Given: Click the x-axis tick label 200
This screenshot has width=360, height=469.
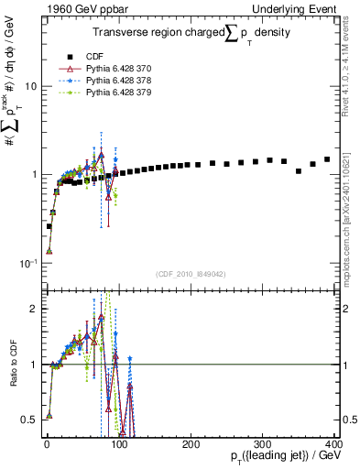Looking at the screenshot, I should coord(191,442).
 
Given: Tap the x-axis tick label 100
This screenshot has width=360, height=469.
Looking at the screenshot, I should coord(119,442).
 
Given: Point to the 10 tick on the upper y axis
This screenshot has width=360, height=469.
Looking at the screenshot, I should coord(30,86).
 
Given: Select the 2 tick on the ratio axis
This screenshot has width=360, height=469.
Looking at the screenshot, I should coord(32,309).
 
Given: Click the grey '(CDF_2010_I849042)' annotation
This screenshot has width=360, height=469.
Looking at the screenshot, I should coord(191,274).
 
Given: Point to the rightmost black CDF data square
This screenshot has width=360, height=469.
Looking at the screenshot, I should coord(327,159).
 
